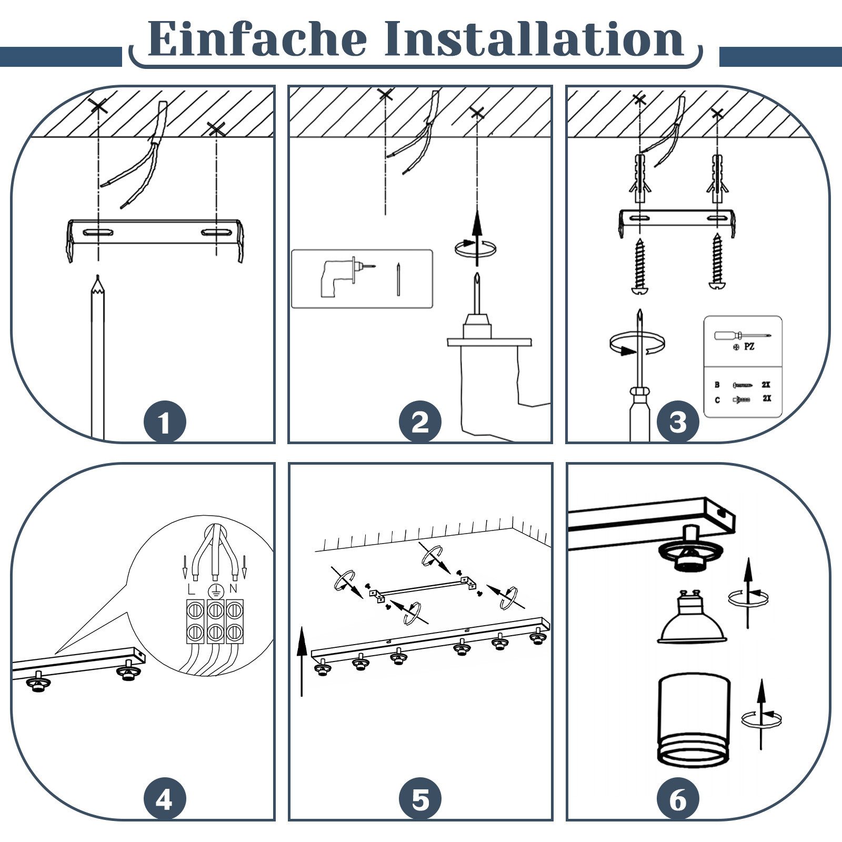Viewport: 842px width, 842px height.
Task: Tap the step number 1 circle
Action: pos(165,422)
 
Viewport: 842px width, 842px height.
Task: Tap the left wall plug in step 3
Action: pos(640,178)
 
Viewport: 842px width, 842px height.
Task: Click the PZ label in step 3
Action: pos(749,347)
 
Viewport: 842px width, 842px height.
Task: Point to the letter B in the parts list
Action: pos(717,385)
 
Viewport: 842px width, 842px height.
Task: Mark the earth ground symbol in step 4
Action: pos(215,590)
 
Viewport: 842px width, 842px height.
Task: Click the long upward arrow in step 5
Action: pos(302,661)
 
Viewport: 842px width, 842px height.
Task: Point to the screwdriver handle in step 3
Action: pos(639,414)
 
